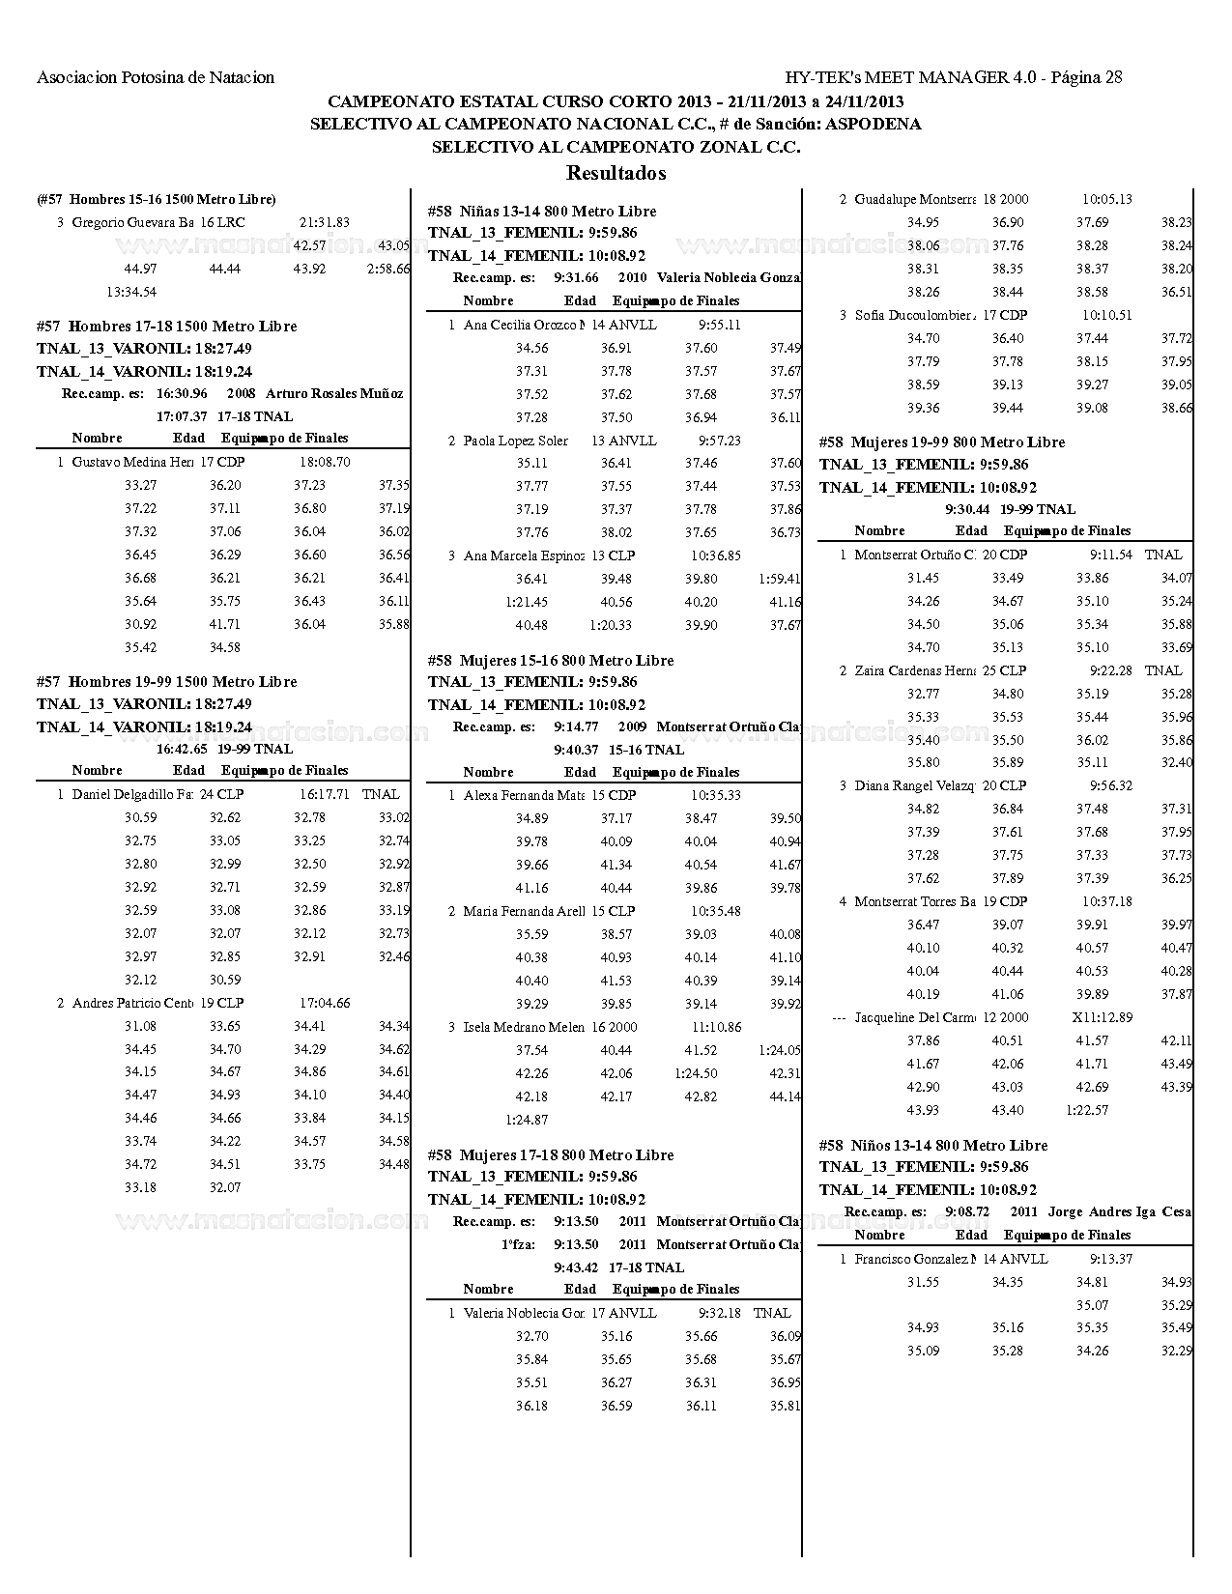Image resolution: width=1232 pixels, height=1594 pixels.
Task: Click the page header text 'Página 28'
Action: point(1086,77)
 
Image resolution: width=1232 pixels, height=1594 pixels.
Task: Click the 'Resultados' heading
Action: point(616,173)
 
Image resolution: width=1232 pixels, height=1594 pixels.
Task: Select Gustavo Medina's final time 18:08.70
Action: point(325,462)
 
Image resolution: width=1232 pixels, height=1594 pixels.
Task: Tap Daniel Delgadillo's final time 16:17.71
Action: point(325,794)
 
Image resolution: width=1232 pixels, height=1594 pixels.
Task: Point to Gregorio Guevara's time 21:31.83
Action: point(325,222)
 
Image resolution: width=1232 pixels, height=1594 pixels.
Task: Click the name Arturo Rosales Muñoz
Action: point(334,393)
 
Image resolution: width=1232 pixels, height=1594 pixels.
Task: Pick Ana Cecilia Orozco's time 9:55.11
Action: point(719,325)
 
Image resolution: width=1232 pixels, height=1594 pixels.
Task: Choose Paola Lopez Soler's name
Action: point(516,441)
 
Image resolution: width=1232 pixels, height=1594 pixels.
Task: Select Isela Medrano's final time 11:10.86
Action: point(716,1027)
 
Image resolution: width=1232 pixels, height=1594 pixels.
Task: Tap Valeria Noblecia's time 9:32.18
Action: point(719,1313)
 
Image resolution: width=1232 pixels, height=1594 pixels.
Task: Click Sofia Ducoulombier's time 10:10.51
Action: point(1106,315)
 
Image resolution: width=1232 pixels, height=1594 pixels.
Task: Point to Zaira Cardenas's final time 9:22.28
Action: point(1110,670)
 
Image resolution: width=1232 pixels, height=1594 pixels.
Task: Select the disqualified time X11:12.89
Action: point(1102,1017)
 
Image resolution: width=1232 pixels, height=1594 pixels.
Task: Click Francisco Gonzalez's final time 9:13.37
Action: point(1110,1259)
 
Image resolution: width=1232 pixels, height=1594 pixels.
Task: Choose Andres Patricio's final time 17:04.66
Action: point(325,1003)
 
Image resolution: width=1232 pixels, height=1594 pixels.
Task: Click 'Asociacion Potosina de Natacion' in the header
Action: point(156,77)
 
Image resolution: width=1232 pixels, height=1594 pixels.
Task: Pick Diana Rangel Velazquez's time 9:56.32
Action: point(1110,785)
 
